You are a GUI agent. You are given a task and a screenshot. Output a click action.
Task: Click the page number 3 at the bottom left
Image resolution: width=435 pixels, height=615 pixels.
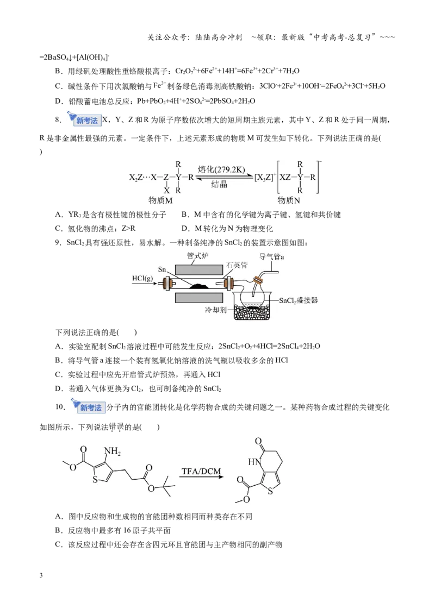[x=41, y=575]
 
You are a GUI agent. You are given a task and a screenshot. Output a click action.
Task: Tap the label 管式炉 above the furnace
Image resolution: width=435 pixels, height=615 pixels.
[x=197, y=256]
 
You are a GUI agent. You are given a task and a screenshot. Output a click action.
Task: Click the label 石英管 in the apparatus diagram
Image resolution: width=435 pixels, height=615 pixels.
[x=237, y=265]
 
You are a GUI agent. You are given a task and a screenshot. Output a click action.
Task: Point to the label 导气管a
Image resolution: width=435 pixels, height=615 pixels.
[x=272, y=256]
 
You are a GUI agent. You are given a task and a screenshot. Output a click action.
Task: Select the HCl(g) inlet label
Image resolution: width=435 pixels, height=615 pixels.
[x=142, y=279]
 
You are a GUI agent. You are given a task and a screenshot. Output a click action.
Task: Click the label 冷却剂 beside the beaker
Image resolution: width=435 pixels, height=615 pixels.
[x=215, y=310]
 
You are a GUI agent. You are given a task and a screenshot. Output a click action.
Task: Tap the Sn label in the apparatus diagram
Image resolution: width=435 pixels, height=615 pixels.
[x=162, y=269]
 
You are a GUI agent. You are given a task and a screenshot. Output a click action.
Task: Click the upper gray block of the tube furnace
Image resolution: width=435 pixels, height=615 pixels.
[x=198, y=269]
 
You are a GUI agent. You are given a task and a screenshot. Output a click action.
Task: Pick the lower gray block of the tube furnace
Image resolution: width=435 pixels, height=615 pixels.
[x=198, y=298]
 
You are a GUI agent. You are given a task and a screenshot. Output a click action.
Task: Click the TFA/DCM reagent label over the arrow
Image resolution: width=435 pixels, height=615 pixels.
[x=201, y=471]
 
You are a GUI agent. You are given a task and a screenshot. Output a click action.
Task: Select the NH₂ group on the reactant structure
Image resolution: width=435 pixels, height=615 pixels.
[x=112, y=451]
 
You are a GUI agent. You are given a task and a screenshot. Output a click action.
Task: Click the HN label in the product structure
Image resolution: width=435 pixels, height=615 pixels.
[x=254, y=462]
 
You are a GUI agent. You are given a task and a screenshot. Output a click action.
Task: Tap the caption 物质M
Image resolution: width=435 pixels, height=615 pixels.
[x=160, y=200]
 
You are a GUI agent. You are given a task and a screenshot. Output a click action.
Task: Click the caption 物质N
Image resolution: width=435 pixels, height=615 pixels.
[x=289, y=200]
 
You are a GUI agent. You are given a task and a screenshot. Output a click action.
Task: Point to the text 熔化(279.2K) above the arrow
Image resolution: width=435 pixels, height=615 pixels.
[x=221, y=170]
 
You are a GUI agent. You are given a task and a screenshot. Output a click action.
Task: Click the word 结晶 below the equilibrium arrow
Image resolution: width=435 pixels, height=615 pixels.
[x=219, y=184]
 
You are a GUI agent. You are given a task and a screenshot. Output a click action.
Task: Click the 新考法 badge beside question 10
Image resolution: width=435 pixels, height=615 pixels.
[x=88, y=406]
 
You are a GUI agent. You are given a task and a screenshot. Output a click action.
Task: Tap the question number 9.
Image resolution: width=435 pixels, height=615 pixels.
[x=58, y=243]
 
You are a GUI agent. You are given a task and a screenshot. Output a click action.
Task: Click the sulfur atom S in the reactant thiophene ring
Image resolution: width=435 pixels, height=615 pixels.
[x=95, y=480]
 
